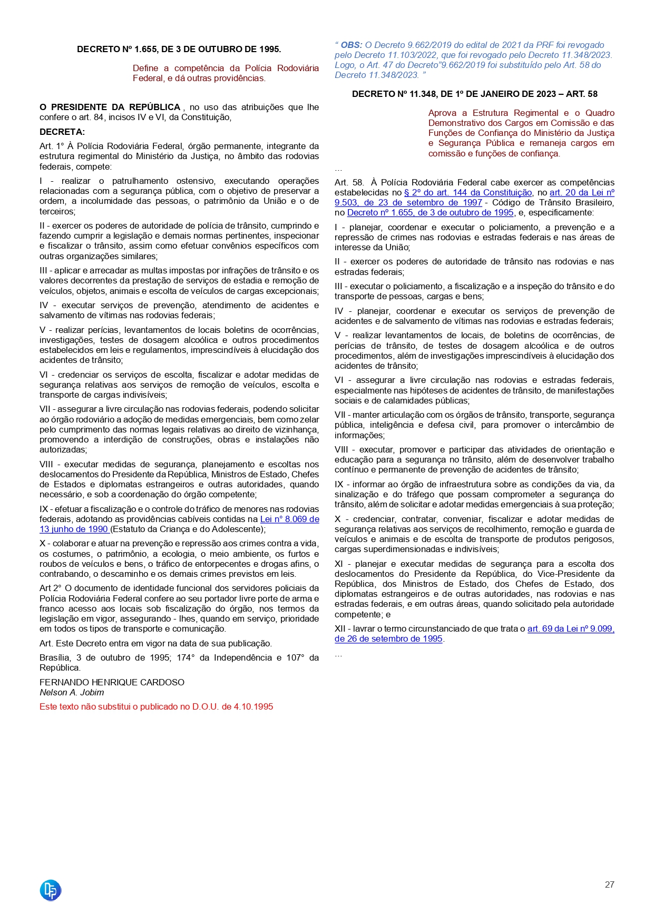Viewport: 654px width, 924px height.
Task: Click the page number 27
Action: (609, 884)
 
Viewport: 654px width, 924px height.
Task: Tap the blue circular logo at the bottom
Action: (51, 890)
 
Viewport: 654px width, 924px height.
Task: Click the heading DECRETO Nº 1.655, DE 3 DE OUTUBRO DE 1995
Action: (179, 49)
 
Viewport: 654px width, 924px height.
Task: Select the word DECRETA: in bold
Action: (62, 132)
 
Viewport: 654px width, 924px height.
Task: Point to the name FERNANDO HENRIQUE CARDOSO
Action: (112, 682)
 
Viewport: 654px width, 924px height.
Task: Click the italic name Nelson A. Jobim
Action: (72, 692)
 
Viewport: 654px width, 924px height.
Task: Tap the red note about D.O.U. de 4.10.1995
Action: (156, 706)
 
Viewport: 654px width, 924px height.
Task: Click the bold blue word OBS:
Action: (352, 45)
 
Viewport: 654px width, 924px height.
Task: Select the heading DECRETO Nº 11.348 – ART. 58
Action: (474, 94)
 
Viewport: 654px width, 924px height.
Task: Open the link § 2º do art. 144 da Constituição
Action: (467, 193)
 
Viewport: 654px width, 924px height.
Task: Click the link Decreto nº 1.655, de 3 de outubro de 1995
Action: (430, 213)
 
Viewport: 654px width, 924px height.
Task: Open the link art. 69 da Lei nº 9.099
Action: (571, 628)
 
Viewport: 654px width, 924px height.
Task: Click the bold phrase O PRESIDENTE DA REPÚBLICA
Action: (110, 107)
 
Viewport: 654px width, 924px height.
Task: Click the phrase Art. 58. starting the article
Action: (349, 183)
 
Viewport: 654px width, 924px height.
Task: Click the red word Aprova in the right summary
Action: (442, 113)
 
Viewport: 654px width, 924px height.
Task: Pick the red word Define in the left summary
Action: (145, 68)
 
